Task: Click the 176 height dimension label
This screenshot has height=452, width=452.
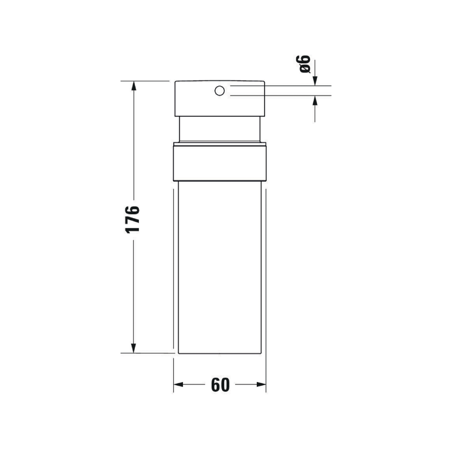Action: pos(132,219)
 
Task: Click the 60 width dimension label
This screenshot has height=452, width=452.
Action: pos(220,385)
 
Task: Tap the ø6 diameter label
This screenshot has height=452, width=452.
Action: pos(303,64)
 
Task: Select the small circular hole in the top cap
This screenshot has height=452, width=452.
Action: pos(220,91)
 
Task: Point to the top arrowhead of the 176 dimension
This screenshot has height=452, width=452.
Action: pos(133,85)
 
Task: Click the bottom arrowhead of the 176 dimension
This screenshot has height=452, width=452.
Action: pos(133,348)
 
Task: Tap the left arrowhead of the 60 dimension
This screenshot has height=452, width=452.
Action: pos(179,385)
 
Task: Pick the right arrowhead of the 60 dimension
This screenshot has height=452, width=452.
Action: pos(261,385)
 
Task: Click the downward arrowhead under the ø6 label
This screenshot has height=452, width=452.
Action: pos(315,81)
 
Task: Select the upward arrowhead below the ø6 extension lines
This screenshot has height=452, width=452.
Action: pos(315,100)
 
